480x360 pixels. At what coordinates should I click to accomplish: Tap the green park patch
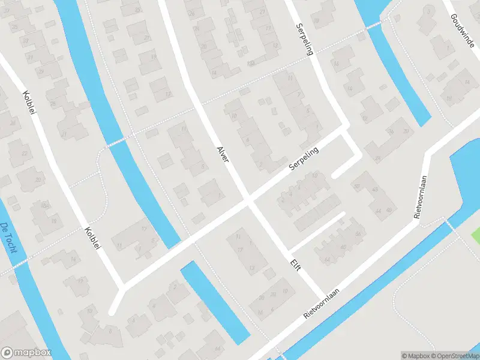pyautogui.click(x=476, y=235)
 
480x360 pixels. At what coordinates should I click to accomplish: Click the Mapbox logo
pyautogui.click(x=26, y=352)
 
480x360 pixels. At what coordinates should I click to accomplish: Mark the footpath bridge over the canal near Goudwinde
pyautogui.click(x=373, y=25)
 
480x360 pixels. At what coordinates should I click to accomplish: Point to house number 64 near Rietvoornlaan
pyautogui.click(x=327, y=259)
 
